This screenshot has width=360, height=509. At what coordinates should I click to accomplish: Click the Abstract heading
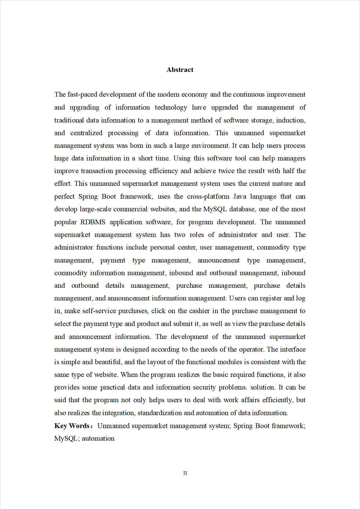[180, 70]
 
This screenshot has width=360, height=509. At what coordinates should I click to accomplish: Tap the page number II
[185, 473]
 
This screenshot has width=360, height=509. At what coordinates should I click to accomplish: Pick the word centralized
[86, 133]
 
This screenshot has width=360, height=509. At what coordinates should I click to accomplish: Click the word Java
[240, 196]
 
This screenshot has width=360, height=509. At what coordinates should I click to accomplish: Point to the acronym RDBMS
[93, 222]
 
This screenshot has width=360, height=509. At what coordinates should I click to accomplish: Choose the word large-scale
[96, 209]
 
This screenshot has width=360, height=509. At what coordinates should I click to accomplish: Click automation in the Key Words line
[98, 438]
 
